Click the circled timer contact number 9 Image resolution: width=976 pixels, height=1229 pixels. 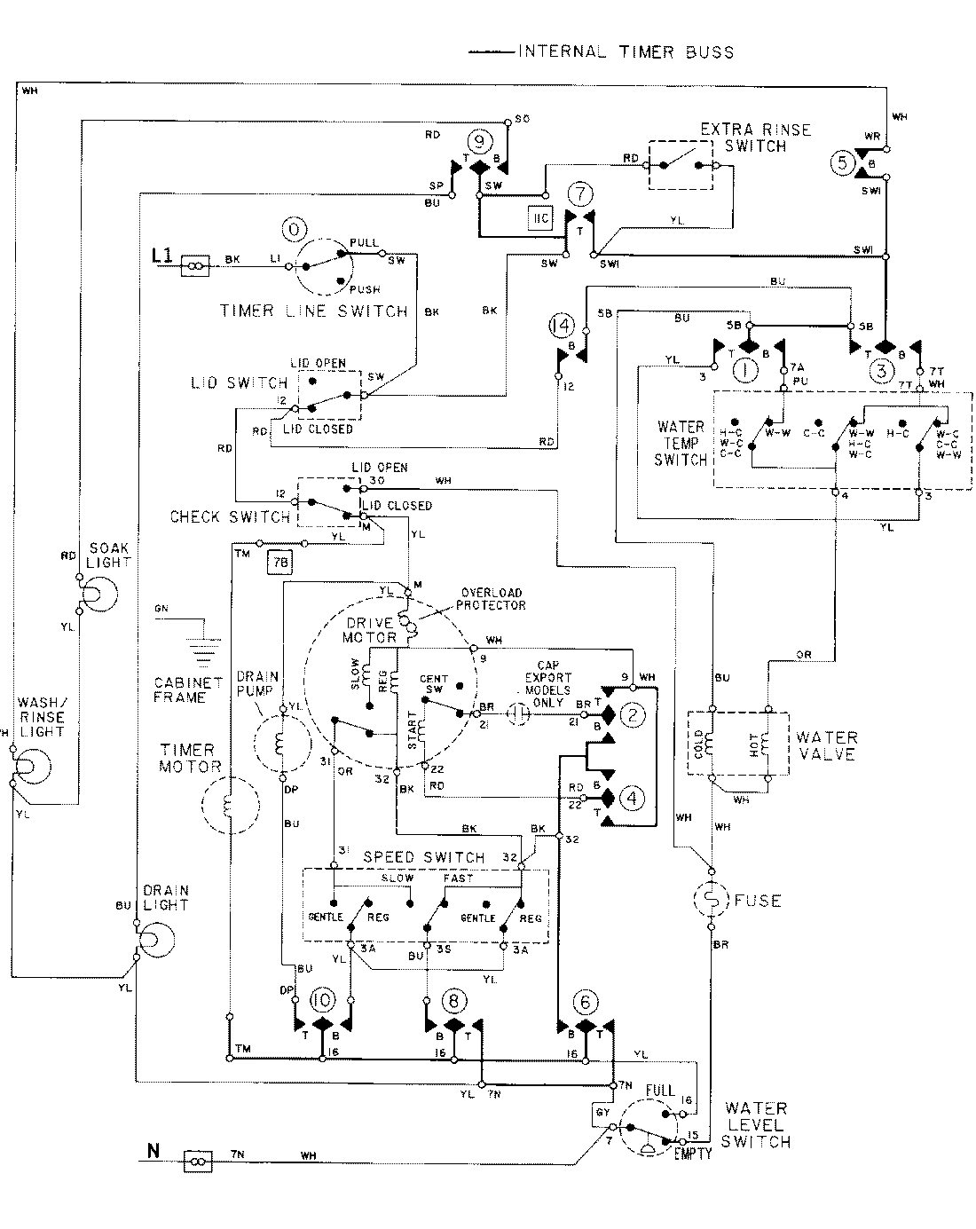tap(479, 139)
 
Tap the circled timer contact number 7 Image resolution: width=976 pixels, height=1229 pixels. tap(580, 193)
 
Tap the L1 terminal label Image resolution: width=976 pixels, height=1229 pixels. tap(162, 256)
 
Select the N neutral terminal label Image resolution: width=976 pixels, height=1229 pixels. tap(153, 1153)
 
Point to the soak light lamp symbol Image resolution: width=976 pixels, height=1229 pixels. tap(98, 594)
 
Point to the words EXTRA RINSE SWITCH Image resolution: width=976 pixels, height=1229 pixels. tap(755, 138)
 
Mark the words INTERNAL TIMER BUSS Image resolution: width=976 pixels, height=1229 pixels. tap(626, 51)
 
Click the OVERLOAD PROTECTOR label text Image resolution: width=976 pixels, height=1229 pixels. tap(491, 598)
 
